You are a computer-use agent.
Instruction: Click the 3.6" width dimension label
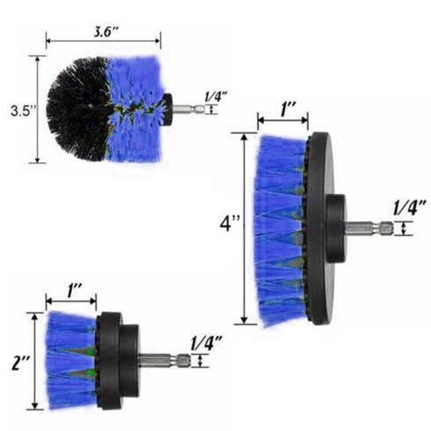pyautogui.click(x=106, y=32)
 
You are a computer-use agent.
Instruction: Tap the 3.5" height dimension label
pyautogui.click(x=23, y=111)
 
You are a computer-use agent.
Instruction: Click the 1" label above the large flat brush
pyautogui.click(x=288, y=110)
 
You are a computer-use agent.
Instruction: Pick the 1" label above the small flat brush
pyautogui.click(x=73, y=291)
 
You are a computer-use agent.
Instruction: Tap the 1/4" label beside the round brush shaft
pyautogui.click(x=216, y=97)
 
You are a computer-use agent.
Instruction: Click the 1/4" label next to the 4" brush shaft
pyautogui.click(x=409, y=208)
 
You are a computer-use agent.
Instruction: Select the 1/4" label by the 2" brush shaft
pyautogui.click(x=206, y=343)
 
